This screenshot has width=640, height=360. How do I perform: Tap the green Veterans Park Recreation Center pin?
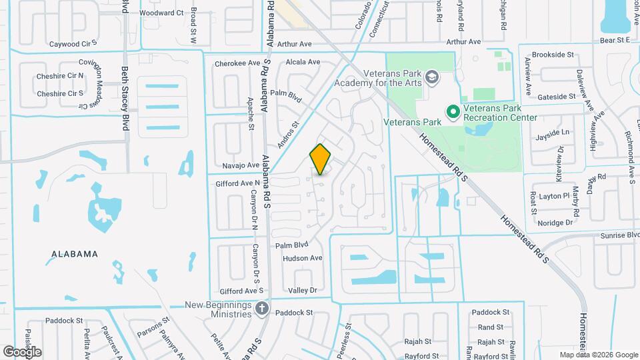(453, 111)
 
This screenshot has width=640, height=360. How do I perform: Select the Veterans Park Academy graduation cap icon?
(432, 77)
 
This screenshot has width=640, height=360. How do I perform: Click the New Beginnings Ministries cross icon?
(262, 308)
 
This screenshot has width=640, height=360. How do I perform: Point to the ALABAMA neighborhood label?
(75, 254)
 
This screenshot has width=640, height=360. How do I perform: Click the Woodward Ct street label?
(161, 13)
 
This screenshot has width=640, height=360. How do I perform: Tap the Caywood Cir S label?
(73, 44)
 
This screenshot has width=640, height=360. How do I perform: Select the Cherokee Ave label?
(237, 64)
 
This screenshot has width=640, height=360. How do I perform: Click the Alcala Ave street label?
(303, 62)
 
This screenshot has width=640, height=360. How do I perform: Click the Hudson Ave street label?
(303, 258)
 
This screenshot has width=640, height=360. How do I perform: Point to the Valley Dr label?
(302, 290)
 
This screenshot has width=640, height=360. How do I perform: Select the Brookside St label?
(553, 55)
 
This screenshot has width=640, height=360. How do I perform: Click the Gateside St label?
(556, 97)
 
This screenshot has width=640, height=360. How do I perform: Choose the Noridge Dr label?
(555, 223)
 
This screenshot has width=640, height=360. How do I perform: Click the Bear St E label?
(615, 41)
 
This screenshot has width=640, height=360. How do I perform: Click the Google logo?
(22, 351)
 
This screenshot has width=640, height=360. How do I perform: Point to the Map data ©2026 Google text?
(598, 355)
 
